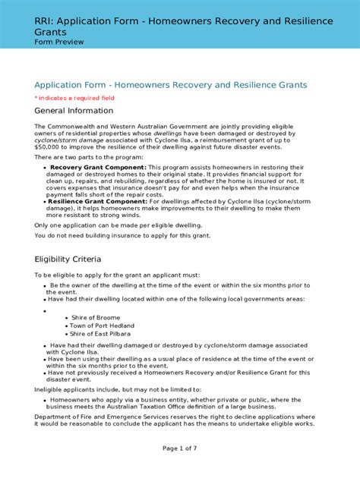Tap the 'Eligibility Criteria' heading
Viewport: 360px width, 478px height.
click(x=73, y=259)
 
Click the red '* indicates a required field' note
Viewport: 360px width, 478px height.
click(x=74, y=98)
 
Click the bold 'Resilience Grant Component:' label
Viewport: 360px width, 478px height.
click(x=101, y=201)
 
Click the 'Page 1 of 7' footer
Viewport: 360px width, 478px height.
click(x=179, y=448)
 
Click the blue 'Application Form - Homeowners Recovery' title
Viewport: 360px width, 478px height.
click(x=170, y=84)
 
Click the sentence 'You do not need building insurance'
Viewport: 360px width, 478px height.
click(x=121, y=236)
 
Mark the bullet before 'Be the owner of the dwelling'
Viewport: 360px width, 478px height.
click(x=46, y=286)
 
